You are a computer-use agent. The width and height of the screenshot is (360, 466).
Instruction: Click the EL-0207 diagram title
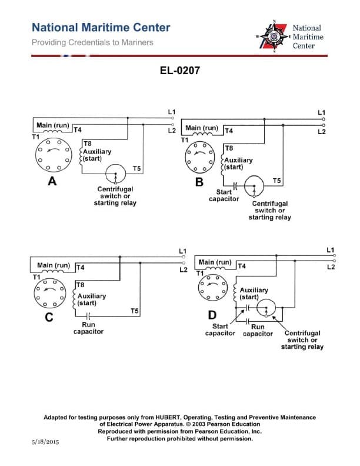pos(180,71)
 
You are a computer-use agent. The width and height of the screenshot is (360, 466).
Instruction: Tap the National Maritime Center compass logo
pos(273,36)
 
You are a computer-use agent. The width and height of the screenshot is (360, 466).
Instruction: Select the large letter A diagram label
pos(52,182)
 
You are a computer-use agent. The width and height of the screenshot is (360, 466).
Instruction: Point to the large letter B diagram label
pos(199,182)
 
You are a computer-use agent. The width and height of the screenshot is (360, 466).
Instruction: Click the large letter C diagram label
pos(50,318)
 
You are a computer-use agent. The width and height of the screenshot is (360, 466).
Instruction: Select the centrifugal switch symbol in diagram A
pos(116,175)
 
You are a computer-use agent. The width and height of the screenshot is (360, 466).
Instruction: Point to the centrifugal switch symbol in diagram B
pos(254,187)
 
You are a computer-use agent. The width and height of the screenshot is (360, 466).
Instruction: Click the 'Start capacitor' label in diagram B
pos(224,195)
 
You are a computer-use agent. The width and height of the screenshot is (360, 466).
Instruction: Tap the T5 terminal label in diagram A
pos(136,169)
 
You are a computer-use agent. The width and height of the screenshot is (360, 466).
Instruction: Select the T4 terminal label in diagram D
pos(241,267)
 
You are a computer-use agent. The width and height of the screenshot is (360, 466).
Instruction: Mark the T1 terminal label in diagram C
pos(36,277)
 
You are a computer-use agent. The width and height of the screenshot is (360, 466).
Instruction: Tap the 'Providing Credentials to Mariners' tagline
pos(92,42)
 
